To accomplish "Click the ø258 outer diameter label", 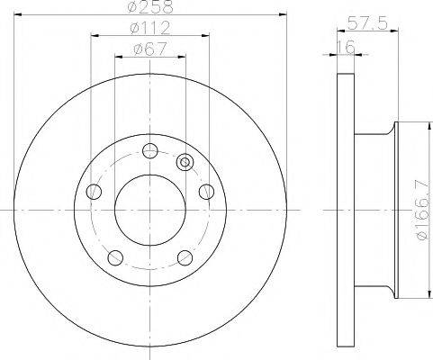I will [150, 8].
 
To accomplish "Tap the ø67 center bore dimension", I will [149, 50].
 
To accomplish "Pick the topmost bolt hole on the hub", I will [150, 151].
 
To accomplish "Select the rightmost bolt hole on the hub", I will [206, 191].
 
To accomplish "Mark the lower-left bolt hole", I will [114, 258].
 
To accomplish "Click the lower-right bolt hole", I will [185, 258].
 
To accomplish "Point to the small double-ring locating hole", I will [185, 163].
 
